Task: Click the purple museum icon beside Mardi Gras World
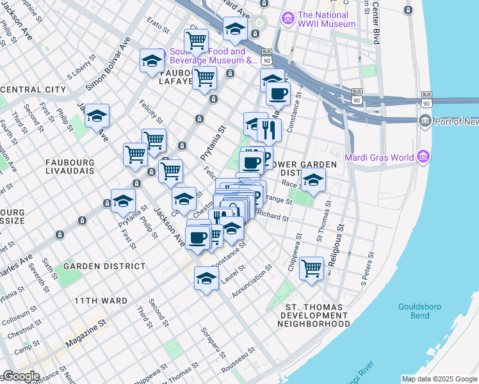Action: [423, 157]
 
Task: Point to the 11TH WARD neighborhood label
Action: [101, 300]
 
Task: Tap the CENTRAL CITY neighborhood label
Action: [33, 90]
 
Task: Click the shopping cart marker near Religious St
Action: [311, 268]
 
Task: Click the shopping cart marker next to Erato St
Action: [196, 41]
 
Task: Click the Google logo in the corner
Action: [20, 376]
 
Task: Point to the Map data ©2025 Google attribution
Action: [439, 379]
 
